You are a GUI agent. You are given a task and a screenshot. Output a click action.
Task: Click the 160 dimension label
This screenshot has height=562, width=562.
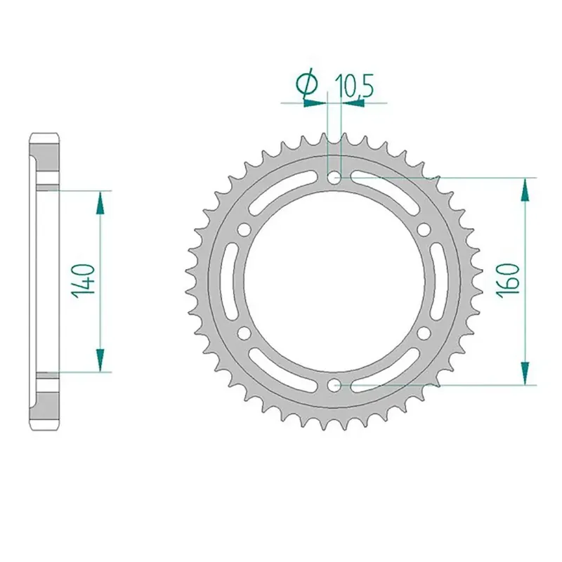click(x=507, y=279)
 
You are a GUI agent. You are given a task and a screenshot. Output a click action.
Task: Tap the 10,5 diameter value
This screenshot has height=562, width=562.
click(x=354, y=86)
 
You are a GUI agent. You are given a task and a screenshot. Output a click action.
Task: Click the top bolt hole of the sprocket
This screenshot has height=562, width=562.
click(x=335, y=177)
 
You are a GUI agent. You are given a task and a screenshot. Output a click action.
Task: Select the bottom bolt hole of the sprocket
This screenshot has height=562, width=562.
click(x=335, y=386)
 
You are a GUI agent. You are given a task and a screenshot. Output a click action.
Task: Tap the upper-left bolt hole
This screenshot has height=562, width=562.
click(x=244, y=230)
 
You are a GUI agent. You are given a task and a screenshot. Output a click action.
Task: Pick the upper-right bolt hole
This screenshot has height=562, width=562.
click(x=425, y=230)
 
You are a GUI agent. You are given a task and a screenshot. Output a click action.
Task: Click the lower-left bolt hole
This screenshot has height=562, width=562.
click(x=244, y=333)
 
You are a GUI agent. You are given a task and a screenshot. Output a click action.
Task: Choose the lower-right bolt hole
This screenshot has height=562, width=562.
click(x=425, y=333)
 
